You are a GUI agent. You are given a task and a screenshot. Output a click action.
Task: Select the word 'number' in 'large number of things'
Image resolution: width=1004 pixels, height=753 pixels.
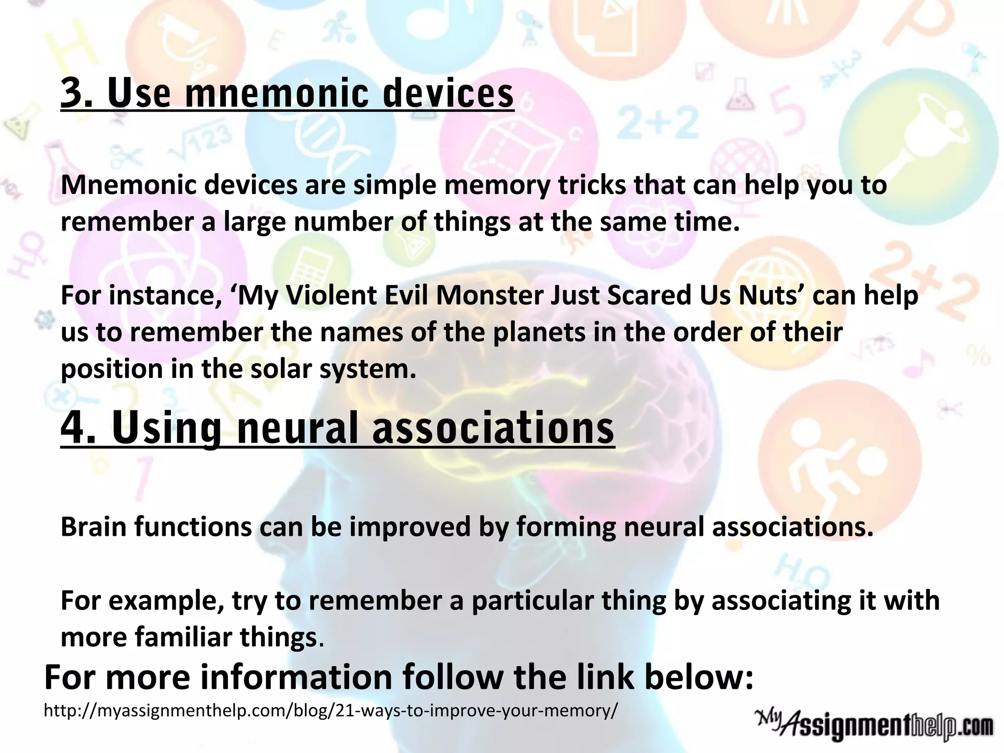[342, 222]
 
